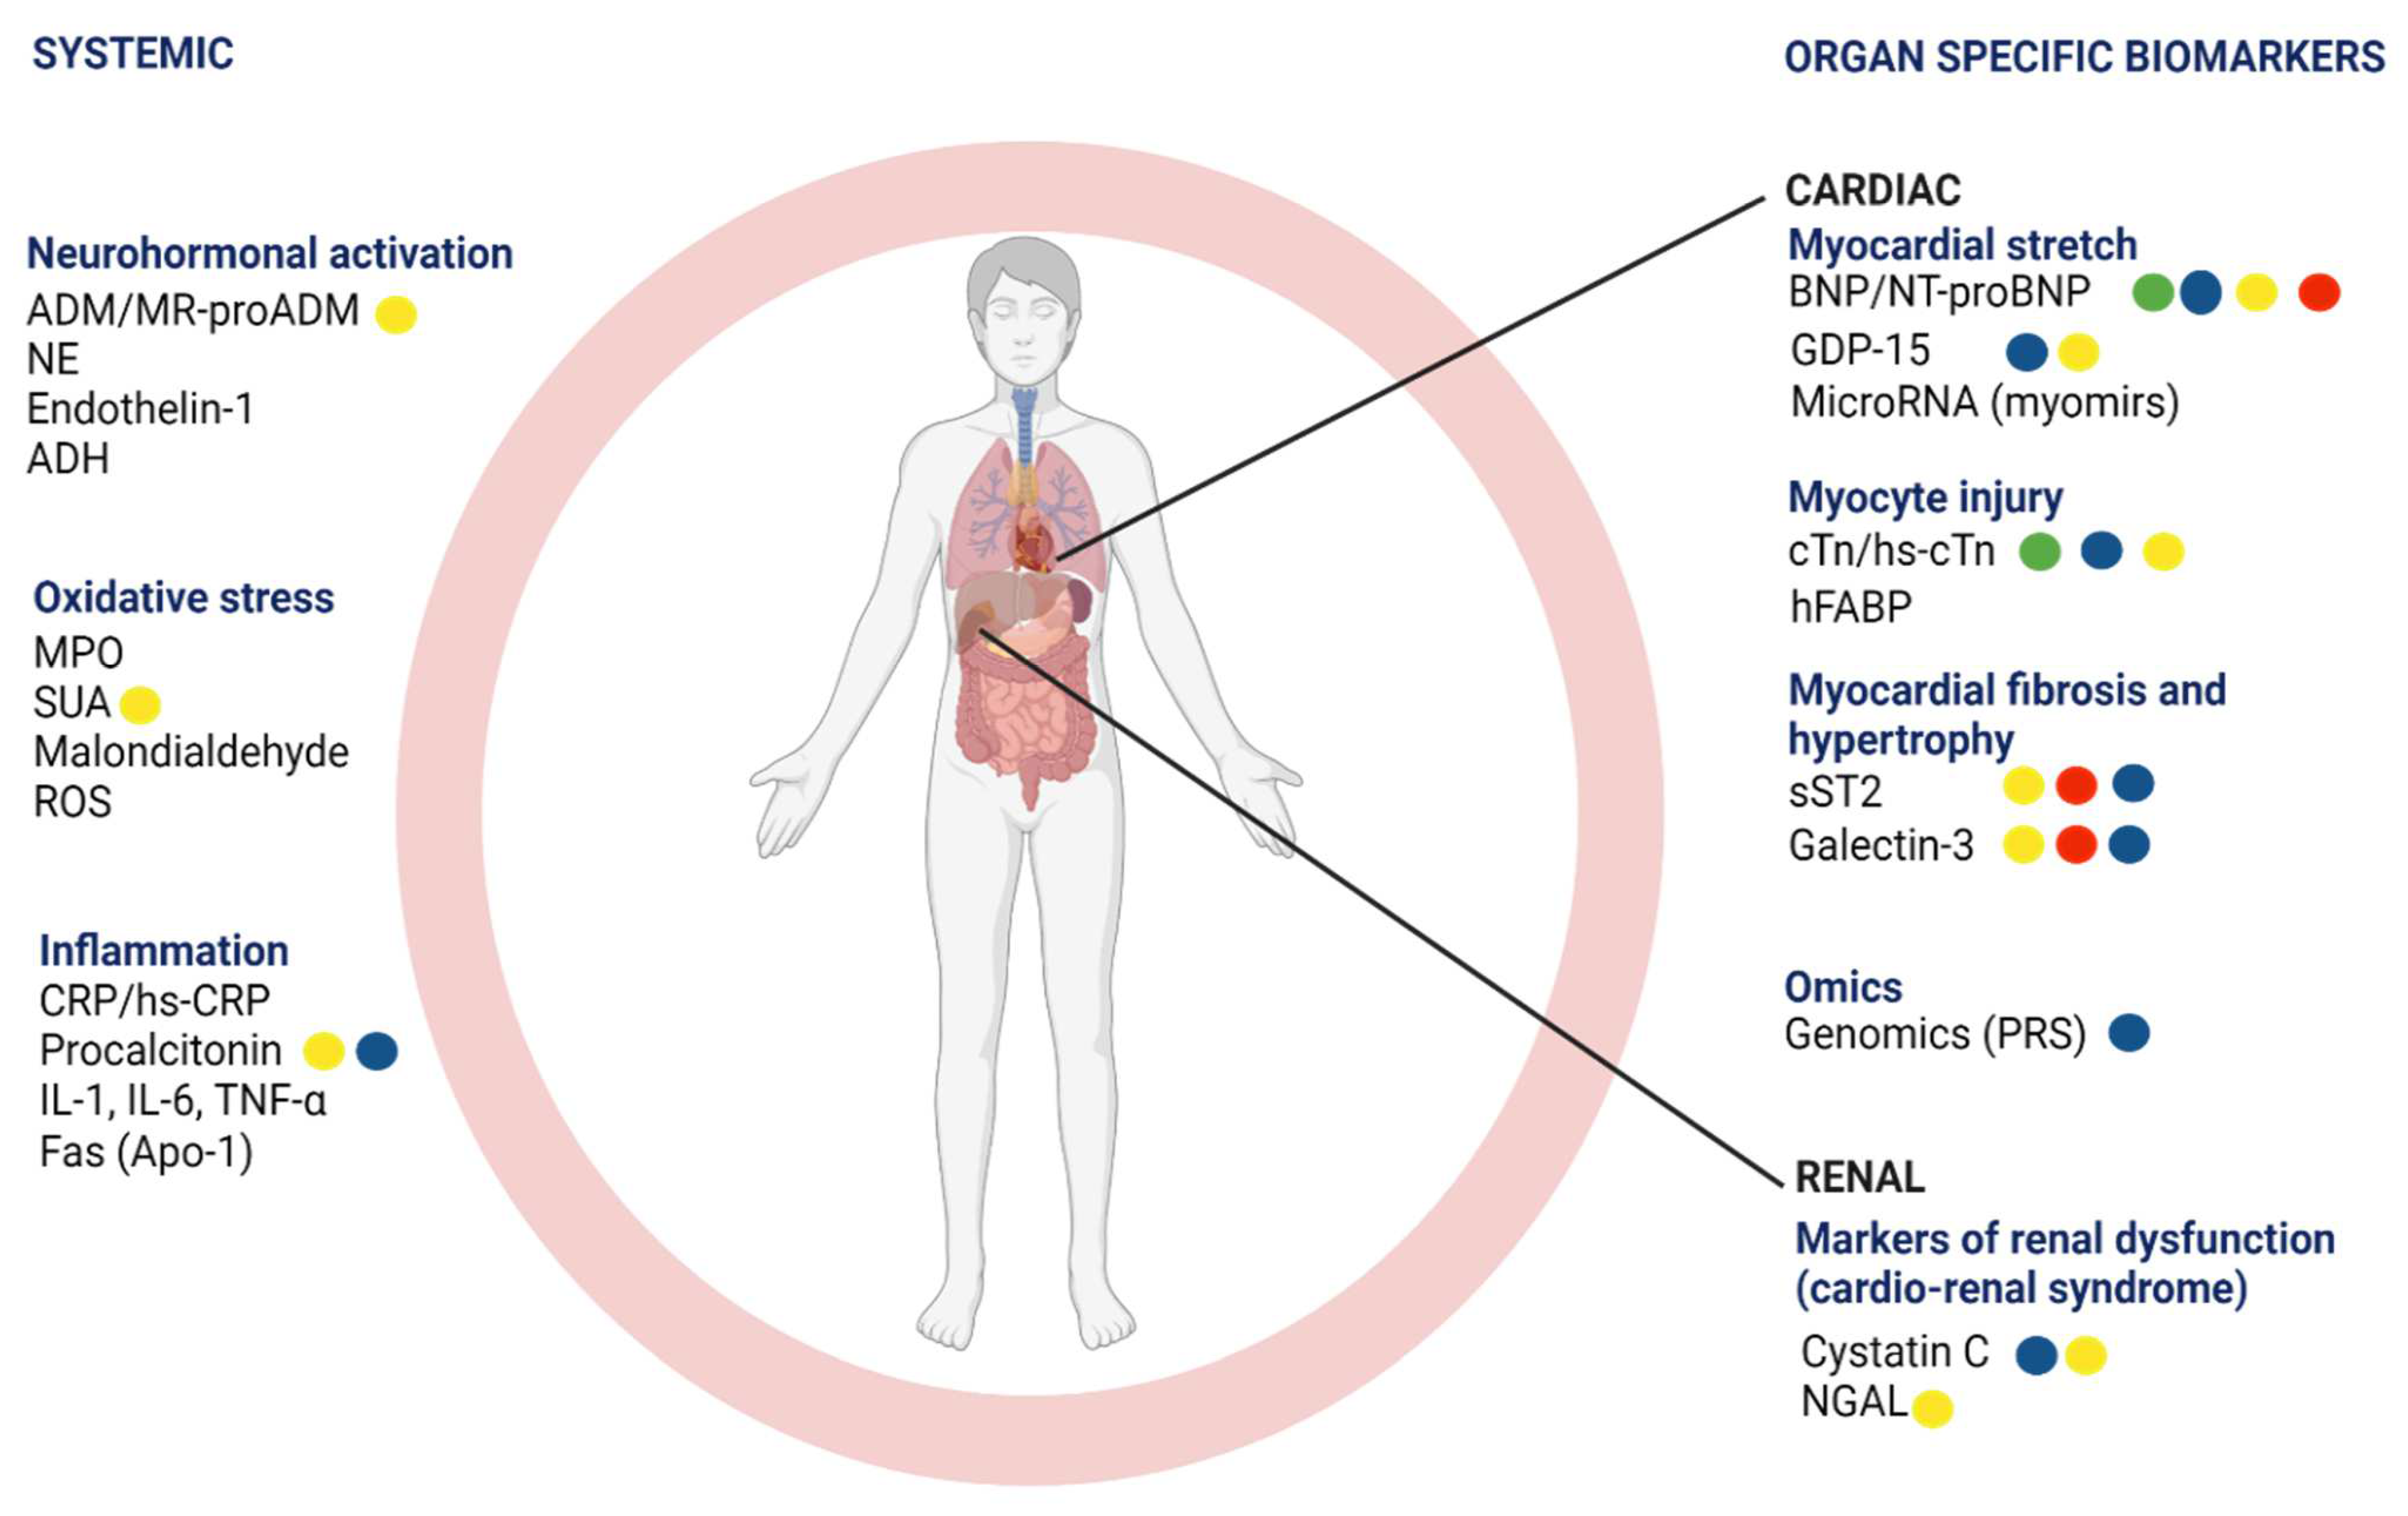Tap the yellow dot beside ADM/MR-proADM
[x=396, y=314]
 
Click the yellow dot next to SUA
[x=140, y=704]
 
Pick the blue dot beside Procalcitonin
[x=377, y=1051]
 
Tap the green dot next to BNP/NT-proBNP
[x=2152, y=293]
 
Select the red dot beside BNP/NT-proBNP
[x=2318, y=293]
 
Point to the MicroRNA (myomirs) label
[x=1984, y=403]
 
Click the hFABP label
[x=1850, y=606]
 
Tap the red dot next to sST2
[x=2076, y=785]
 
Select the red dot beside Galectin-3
[x=2076, y=845]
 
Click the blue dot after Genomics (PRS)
[x=2129, y=1033]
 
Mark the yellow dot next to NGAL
[x=1932, y=1408]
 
